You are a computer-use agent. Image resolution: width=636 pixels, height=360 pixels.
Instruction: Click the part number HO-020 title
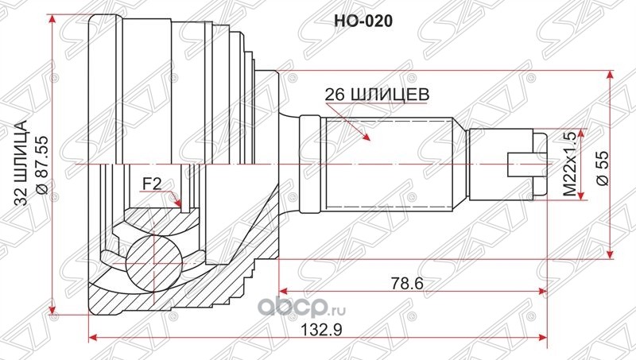pos(363,21)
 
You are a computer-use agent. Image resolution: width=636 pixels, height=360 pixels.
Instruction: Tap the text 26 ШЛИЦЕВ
pos(377,95)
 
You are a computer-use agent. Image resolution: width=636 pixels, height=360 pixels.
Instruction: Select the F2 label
pos(151,184)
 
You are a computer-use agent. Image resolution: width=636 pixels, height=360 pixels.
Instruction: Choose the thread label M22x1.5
pos(570,165)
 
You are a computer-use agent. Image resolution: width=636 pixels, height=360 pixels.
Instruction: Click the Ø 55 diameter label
pos(603,168)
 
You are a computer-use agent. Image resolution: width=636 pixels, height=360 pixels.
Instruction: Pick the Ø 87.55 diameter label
pos(42,165)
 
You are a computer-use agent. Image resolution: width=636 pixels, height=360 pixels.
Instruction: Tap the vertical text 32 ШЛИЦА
pos(21,164)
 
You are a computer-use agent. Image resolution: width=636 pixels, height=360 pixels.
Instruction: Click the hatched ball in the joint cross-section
pos(153,263)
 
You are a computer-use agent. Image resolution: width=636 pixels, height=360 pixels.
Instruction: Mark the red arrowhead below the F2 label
pos(176,201)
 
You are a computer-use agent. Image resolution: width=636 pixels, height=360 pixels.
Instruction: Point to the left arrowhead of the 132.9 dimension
pos(94,337)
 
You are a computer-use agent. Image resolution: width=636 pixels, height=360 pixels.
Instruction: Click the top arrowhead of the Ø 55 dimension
pos(610,76)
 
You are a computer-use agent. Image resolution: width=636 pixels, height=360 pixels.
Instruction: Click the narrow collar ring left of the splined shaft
pos(310,164)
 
